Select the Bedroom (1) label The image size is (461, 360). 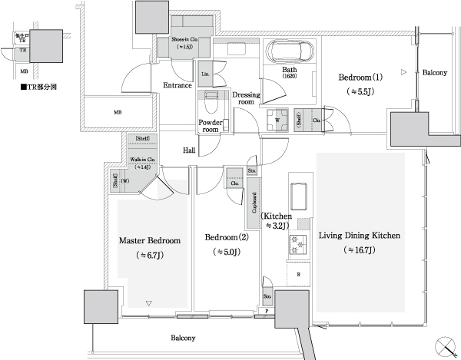[360, 78]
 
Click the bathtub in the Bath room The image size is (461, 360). [289, 52]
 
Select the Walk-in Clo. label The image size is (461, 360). [142, 160]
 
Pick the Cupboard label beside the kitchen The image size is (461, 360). [254, 202]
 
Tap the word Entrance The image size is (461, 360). [177, 85]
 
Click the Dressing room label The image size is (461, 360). [245, 97]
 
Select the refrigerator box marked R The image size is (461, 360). [297, 272]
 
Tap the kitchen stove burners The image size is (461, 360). [297, 246]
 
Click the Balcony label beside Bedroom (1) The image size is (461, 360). [435, 72]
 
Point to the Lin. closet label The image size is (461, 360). [205, 74]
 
